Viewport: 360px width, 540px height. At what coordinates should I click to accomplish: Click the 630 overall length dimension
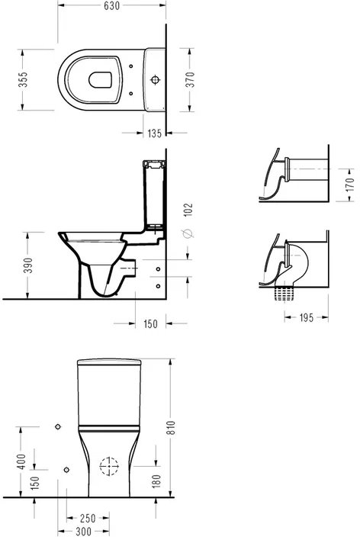pyautogui.click(x=112, y=6)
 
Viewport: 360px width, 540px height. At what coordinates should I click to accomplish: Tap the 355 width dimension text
pyautogui.click(x=23, y=79)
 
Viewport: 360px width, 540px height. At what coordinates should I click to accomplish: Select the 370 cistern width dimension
pyautogui.click(x=190, y=79)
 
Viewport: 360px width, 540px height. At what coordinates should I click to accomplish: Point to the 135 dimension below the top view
pyautogui.click(x=154, y=133)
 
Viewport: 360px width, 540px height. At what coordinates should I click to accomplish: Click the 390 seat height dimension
pyautogui.click(x=28, y=265)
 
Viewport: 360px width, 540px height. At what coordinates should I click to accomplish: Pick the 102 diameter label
pyautogui.click(x=188, y=210)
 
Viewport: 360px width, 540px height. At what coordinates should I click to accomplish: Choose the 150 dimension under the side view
pyautogui.click(x=150, y=324)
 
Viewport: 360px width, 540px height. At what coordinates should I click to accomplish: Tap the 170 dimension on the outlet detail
pyautogui.click(x=349, y=185)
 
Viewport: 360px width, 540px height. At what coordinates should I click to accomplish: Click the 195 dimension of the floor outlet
pyautogui.click(x=307, y=317)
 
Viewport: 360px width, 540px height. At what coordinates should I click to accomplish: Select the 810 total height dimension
pyautogui.click(x=171, y=427)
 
